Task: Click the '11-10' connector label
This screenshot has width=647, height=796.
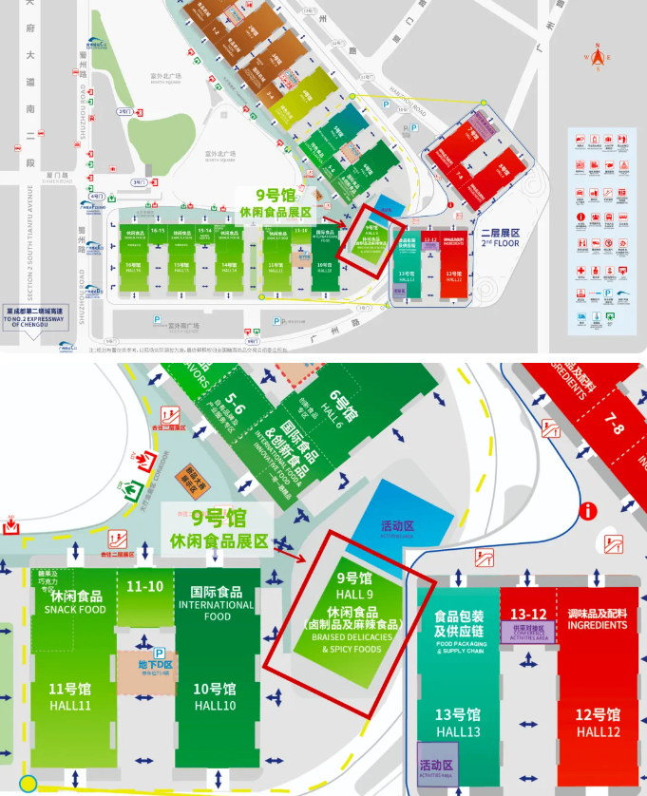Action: (145, 587)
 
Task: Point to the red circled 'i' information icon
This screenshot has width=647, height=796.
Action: (590, 513)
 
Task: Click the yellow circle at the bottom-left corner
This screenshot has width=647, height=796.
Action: (29, 784)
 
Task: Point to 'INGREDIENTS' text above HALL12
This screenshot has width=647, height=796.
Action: (598, 625)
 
